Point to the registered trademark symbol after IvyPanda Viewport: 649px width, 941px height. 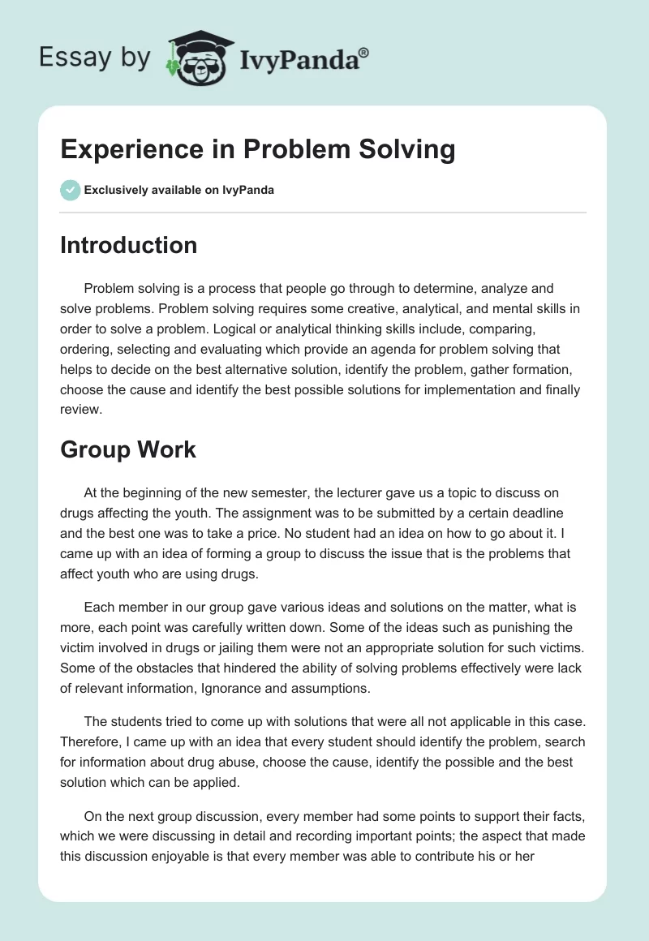coord(364,52)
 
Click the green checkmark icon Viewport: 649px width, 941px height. coord(70,190)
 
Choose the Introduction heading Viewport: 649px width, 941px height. coord(128,245)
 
